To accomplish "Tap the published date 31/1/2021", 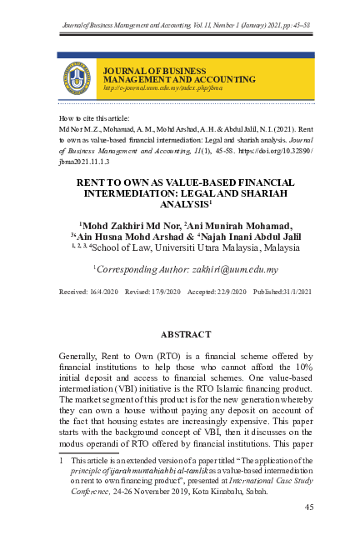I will (x=289, y=292).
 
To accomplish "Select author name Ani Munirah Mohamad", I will (x=237, y=225).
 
